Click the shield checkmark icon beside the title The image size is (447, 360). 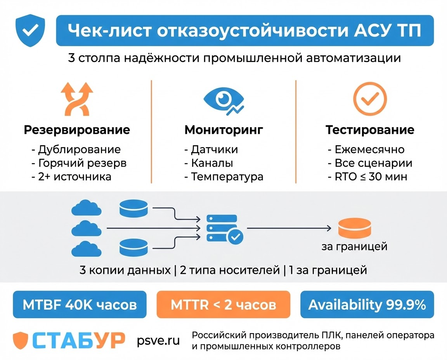(x=29, y=31)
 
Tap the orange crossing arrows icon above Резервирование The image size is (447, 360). (x=77, y=99)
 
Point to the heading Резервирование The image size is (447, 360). (x=77, y=130)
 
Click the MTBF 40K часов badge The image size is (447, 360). (x=80, y=305)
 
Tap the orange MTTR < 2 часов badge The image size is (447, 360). (x=223, y=305)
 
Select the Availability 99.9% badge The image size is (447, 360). (x=367, y=305)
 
